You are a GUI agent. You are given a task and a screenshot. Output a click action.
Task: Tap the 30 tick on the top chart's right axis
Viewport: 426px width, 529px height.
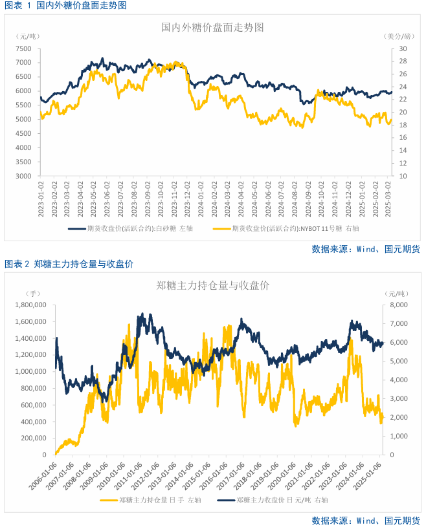pos(403,49)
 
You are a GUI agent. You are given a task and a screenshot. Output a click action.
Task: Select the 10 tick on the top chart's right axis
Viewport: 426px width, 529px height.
pos(403,176)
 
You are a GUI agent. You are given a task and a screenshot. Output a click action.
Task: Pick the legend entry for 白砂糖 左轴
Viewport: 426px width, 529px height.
pos(129,228)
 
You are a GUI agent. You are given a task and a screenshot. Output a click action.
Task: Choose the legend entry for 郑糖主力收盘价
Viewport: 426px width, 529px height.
pos(272,500)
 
